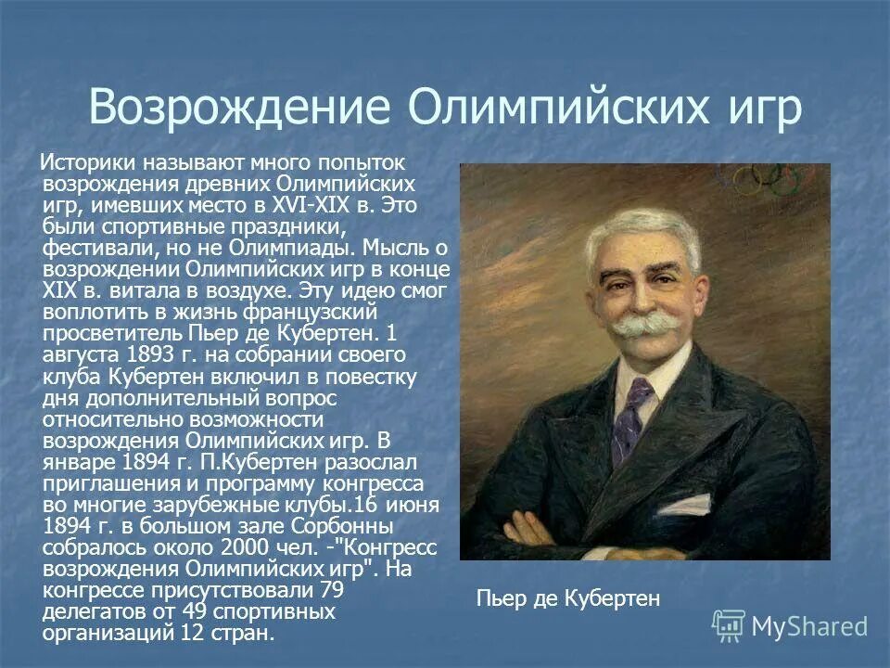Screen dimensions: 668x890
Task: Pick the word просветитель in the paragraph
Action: click(x=102, y=332)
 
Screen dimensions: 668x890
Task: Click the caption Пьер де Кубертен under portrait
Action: click(x=567, y=597)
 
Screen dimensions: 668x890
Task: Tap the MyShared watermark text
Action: click(x=809, y=625)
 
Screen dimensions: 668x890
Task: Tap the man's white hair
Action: click(x=640, y=227)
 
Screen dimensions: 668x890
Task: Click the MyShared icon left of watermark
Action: click(x=729, y=626)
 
